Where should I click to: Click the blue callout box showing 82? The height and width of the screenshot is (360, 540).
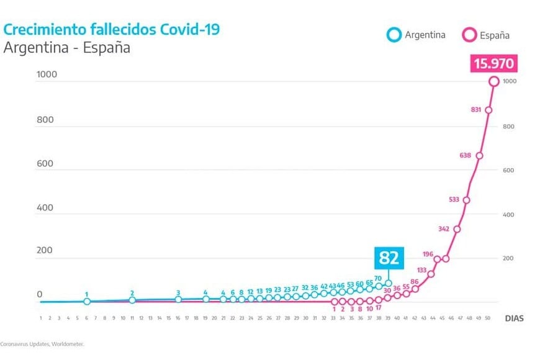389,258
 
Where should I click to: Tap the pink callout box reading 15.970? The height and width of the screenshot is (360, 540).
494,64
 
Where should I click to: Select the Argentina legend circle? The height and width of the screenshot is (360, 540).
394,35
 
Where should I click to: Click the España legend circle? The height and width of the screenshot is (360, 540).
468,35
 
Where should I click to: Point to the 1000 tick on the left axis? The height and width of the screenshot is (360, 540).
47,75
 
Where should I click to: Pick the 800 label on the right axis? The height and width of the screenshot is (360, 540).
508,127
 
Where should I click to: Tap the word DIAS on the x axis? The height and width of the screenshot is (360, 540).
514,318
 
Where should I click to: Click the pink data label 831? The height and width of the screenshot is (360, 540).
476,110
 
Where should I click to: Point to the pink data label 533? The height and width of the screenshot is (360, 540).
453,200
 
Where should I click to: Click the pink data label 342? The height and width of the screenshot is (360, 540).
444,229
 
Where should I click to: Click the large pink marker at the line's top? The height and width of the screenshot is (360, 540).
495,81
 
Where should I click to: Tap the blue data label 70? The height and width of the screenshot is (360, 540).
377,278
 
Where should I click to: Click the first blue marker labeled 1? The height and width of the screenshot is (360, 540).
87,302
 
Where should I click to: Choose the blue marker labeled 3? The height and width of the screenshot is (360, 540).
178,299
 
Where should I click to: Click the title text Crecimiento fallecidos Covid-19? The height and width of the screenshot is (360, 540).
111,29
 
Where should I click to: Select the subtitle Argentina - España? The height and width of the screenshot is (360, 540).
67,48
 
